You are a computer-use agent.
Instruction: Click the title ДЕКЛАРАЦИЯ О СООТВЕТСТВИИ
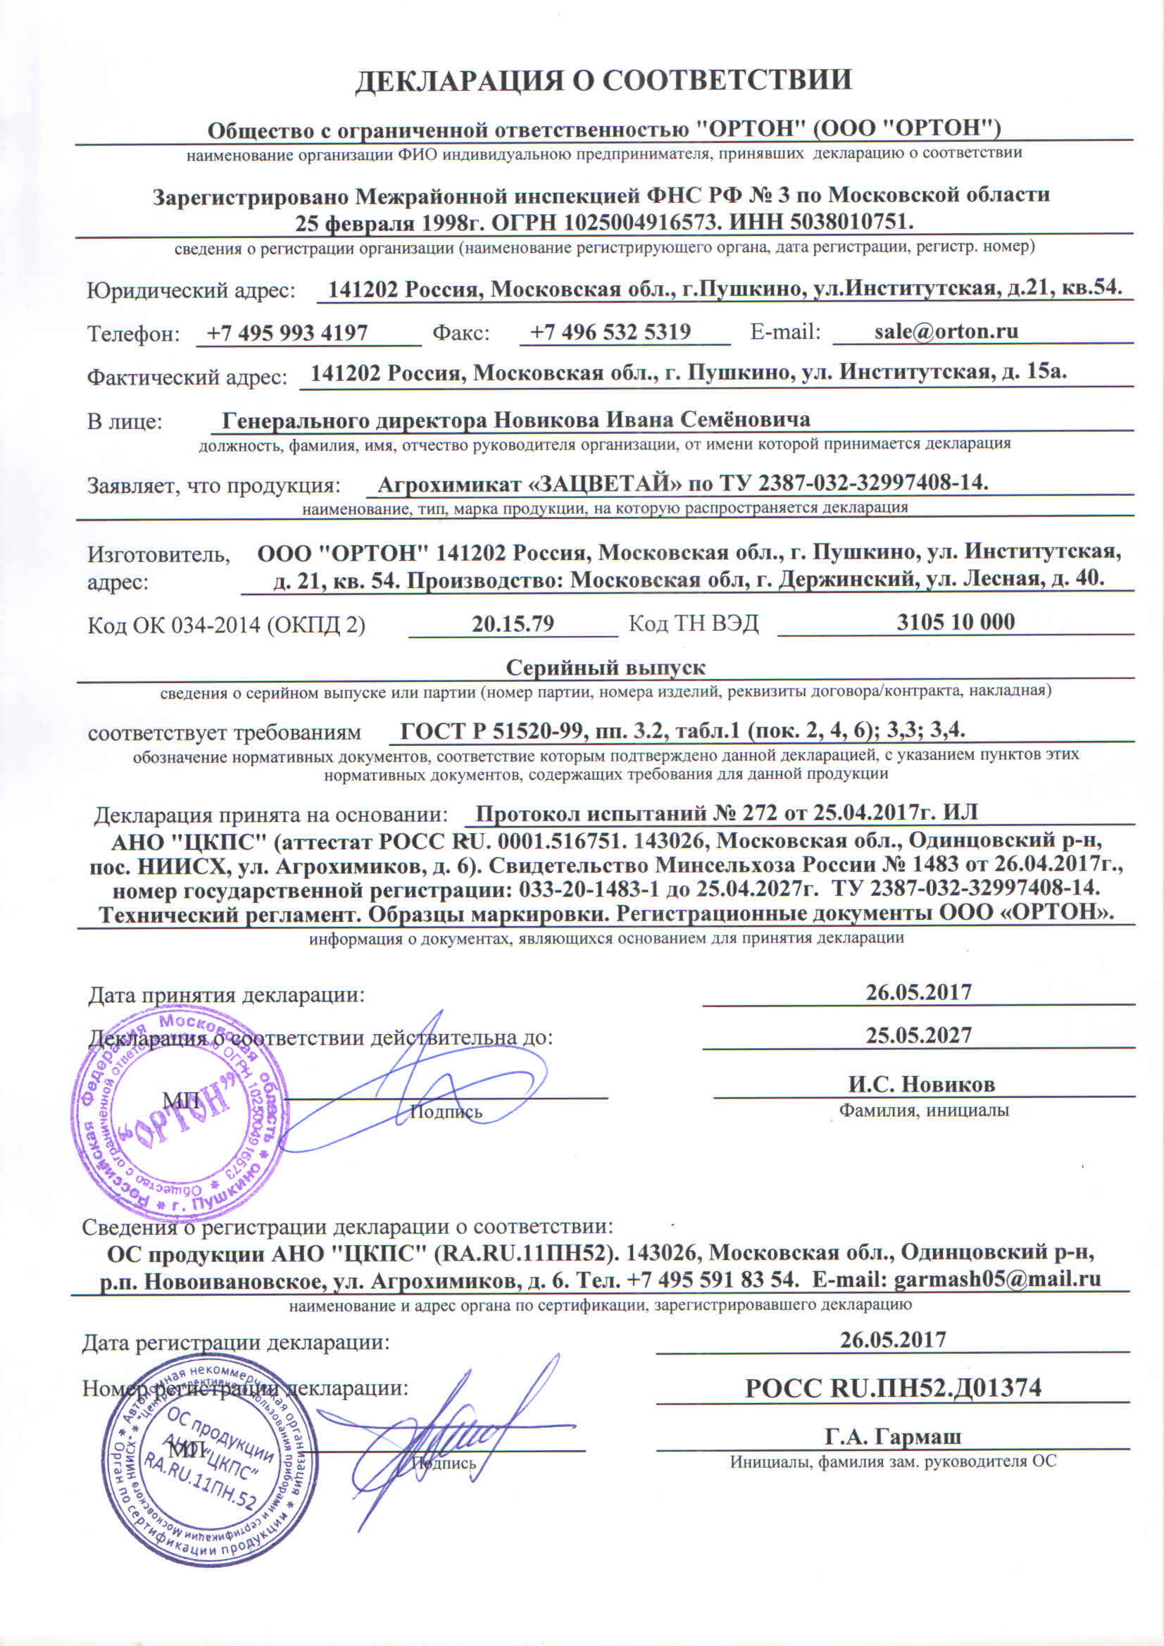pos(603,80)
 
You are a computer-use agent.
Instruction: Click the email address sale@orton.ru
pos(946,331)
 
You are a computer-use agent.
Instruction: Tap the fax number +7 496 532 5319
pos(610,331)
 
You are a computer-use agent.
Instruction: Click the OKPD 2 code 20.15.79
pos(513,623)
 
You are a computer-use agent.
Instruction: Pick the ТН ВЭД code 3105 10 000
pos(956,621)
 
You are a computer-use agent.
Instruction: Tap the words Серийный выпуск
pos(606,668)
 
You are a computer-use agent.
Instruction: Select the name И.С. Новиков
pos(921,1084)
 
